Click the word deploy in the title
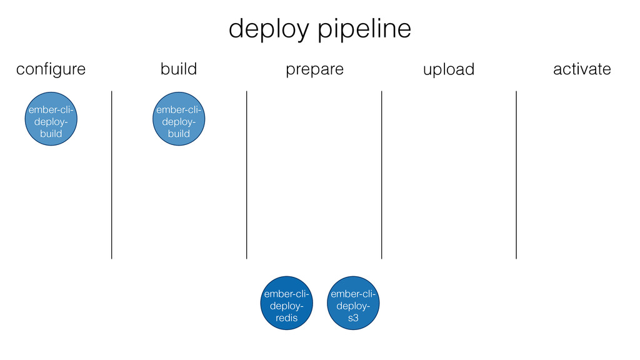(x=269, y=29)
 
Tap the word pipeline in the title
(x=364, y=29)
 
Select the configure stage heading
(x=51, y=69)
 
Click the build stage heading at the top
(x=179, y=69)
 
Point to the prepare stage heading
(x=315, y=70)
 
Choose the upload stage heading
(x=449, y=70)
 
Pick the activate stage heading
(x=582, y=69)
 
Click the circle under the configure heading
(x=51, y=119)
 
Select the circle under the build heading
(x=179, y=119)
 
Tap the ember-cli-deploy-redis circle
(x=286, y=303)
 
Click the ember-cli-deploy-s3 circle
(x=353, y=303)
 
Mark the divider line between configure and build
(x=111, y=175)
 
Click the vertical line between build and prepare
(x=246, y=175)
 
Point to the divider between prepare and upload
(x=382, y=175)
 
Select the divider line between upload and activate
(x=516, y=175)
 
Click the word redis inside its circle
(x=286, y=317)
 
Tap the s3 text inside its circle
(x=353, y=317)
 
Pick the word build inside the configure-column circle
(x=51, y=134)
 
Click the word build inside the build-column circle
(x=179, y=134)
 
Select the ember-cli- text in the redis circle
(x=286, y=294)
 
